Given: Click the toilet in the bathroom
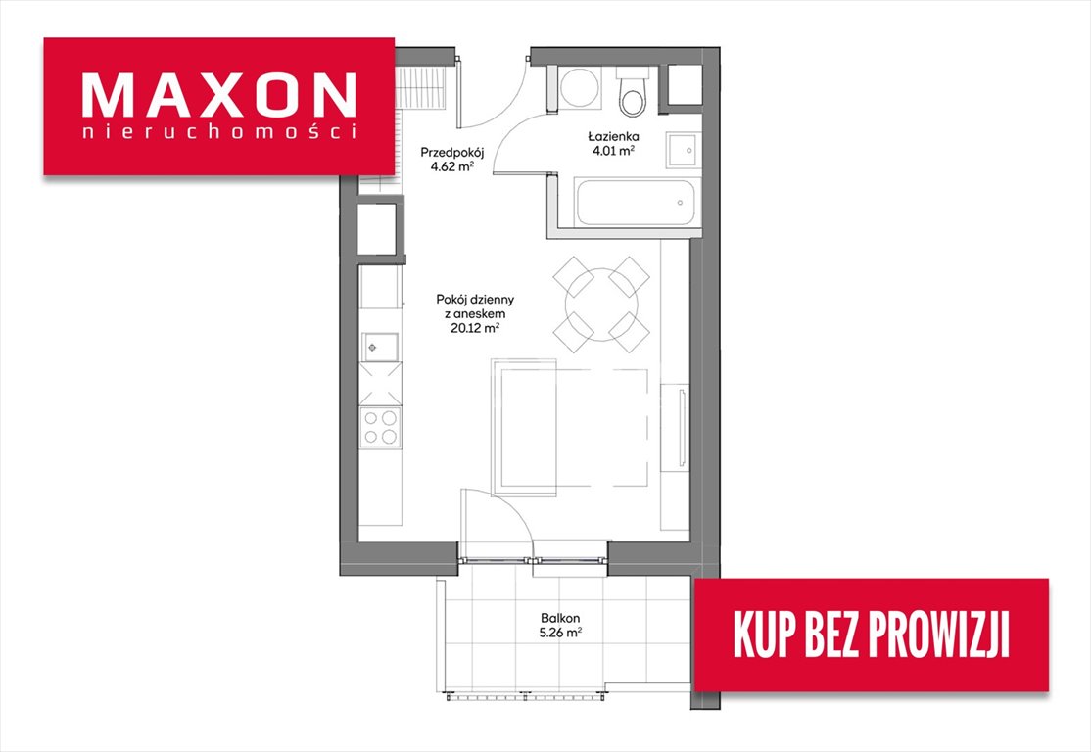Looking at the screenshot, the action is point(634,93).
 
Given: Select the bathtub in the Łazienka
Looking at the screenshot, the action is point(635,203).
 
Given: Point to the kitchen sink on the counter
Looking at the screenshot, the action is point(380,347).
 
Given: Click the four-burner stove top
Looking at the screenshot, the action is point(381,427).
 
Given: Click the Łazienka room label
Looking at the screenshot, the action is point(613,136).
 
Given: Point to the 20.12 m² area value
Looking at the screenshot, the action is point(475,328).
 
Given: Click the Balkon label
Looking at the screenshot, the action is point(560,618).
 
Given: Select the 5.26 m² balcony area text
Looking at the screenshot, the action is point(560,633).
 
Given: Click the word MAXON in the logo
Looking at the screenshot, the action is point(219,95).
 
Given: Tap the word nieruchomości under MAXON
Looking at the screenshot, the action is point(219,132).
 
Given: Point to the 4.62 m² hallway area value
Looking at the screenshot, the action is point(452,167).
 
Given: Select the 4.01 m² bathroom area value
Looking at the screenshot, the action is point(613,150).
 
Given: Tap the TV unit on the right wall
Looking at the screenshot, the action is point(674,428).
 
